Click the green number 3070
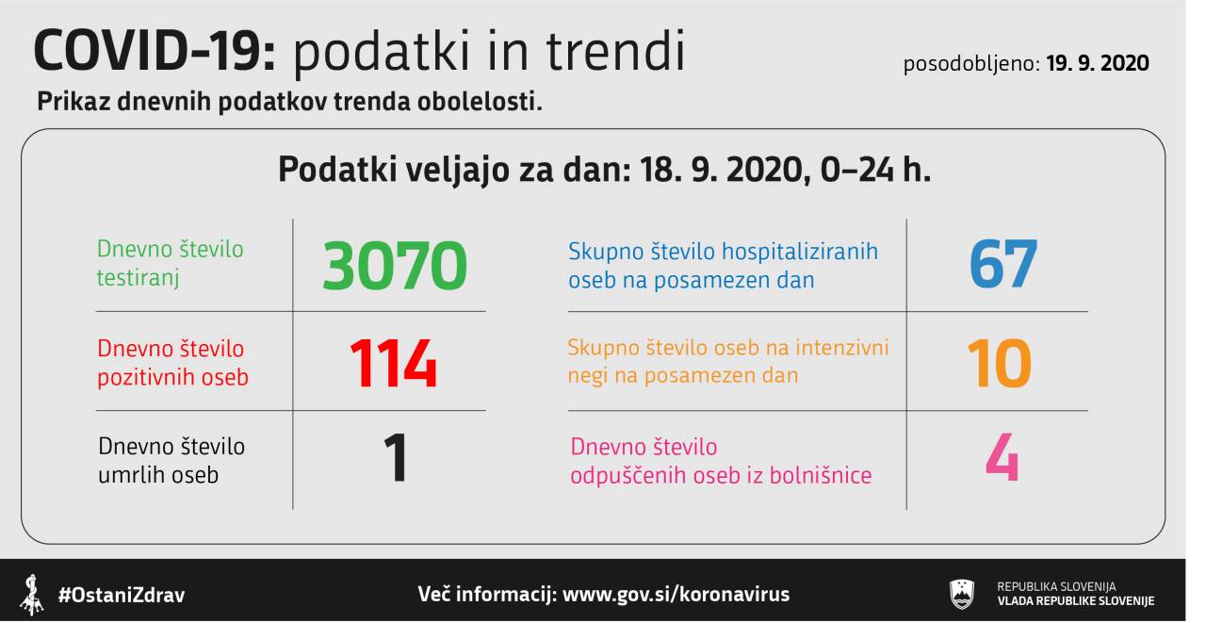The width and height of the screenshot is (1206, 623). point(395,265)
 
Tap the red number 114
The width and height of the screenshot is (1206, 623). point(393,364)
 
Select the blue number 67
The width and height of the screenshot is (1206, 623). point(1003,264)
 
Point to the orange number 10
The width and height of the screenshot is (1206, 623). point(1000,364)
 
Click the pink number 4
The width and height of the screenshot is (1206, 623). point(1002,458)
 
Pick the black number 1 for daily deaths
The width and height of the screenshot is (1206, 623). point(396,458)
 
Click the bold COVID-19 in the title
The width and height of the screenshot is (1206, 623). point(155,51)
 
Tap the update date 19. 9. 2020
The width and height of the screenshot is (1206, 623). point(1098,63)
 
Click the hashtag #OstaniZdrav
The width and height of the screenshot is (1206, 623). point(122,595)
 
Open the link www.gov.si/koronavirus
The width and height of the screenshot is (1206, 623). point(676,595)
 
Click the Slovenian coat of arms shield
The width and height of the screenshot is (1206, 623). point(962,595)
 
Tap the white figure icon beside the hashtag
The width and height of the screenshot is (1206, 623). point(32,595)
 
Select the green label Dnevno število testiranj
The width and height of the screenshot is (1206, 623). point(171,264)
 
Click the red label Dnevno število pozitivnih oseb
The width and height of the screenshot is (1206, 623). point(172,363)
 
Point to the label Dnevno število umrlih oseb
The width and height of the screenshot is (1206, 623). point(171,461)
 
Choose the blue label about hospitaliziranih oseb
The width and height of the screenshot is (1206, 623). point(723,266)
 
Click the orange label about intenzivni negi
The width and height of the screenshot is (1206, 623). point(728,361)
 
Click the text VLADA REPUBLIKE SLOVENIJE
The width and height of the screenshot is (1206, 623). point(1076,601)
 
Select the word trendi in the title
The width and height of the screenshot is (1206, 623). point(615,51)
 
